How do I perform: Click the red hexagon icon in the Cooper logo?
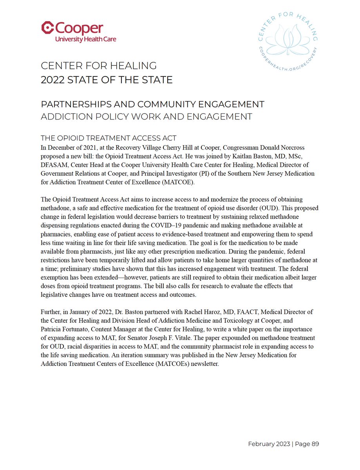[47, 28]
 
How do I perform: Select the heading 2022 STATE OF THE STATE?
[107, 80]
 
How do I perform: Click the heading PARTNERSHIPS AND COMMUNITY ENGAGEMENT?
[152, 104]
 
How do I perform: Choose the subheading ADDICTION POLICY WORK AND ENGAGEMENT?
[147, 116]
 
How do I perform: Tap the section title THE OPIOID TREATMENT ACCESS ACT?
[109, 138]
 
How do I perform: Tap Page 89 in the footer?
[308, 444]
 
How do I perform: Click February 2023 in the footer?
[269, 444]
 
